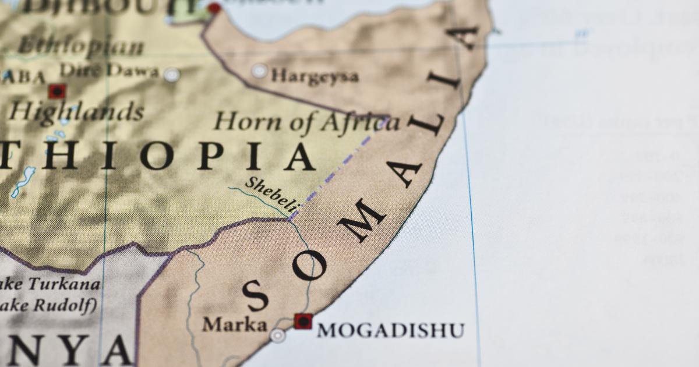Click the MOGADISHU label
(x=390, y=330)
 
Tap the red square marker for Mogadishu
(x=303, y=321)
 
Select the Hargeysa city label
(x=315, y=75)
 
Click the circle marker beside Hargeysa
(x=259, y=72)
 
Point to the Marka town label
(x=234, y=324)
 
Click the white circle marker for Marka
(x=278, y=335)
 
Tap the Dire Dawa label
(x=109, y=71)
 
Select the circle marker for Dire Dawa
(x=171, y=75)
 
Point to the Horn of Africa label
(x=307, y=122)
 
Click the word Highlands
(x=76, y=111)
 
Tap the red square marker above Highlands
(x=57, y=91)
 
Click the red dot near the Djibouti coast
(x=214, y=8)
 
